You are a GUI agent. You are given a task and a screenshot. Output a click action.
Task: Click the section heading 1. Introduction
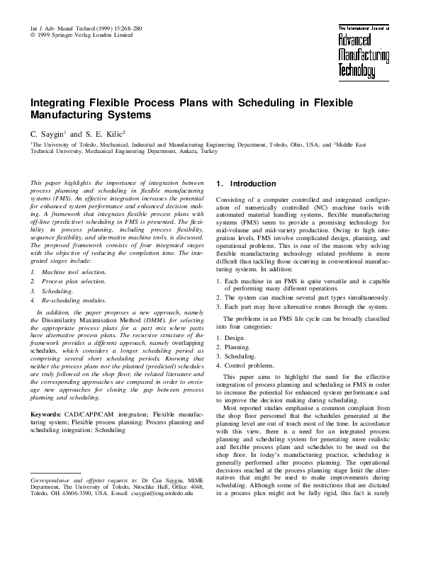(241, 184)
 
